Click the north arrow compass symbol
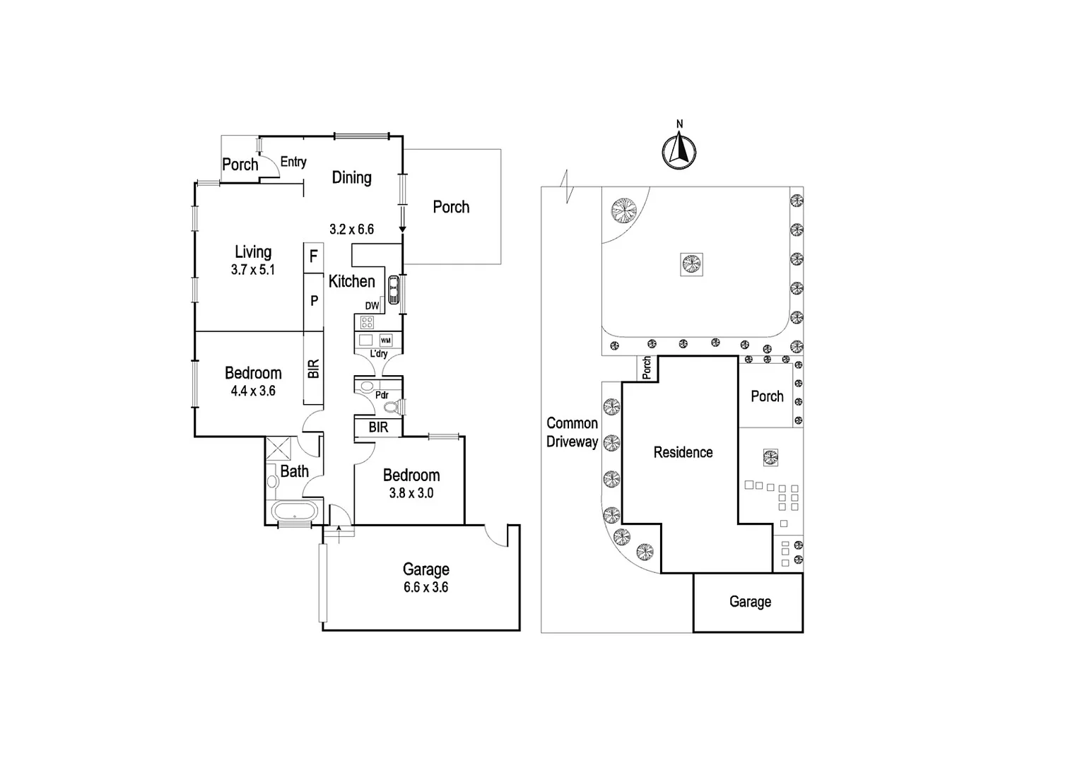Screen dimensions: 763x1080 (x=679, y=150)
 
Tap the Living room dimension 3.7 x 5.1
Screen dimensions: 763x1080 (x=252, y=269)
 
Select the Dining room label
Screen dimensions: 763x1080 (x=351, y=177)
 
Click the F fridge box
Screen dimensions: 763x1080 (x=314, y=257)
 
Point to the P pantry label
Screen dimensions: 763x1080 (x=314, y=301)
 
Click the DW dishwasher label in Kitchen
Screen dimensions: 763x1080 (x=372, y=306)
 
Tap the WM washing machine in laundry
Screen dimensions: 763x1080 (x=385, y=341)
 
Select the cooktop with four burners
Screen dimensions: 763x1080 (x=367, y=323)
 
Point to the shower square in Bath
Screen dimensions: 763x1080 (x=278, y=449)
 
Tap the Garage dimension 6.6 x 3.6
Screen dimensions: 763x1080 (x=425, y=587)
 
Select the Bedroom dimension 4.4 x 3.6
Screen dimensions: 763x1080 (x=252, y=391)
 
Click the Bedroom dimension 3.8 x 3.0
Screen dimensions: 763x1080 (x=411, y=493)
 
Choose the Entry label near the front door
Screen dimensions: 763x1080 (x=293, y=162)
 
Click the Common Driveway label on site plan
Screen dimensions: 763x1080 (x=572, y=432)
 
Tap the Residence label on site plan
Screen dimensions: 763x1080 (x=683, y=452)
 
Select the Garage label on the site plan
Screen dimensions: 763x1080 (x=750, y=602)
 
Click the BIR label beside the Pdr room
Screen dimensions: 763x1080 (x=378, y=427)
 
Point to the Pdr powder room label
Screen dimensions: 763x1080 (x=382, y=395)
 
